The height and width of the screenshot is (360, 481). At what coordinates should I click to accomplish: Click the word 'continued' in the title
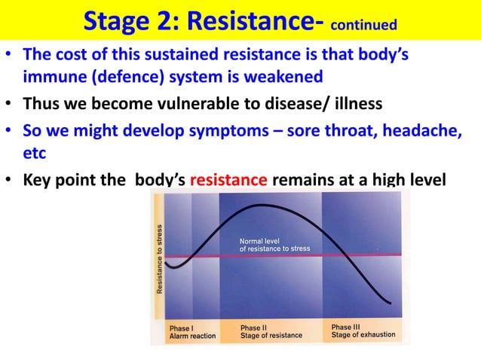point(363,26)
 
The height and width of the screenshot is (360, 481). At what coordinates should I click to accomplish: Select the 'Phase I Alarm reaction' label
point(191,331)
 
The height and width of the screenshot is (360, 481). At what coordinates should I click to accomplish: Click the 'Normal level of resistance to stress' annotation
point(274,244)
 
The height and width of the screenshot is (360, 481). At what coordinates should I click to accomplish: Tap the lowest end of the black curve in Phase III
point(391,304)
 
